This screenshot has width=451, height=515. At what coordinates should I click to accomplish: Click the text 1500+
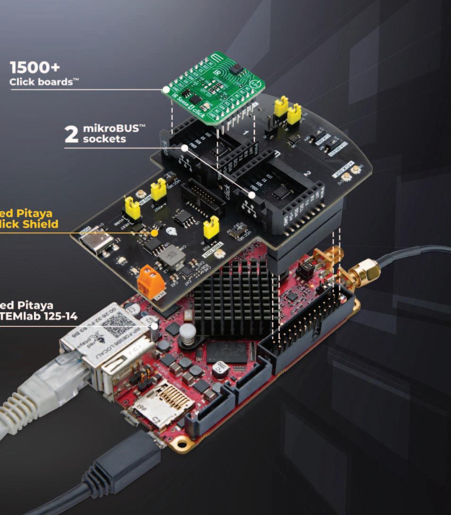tap(35, 68)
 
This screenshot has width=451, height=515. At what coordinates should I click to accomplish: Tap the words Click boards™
tap(44, 82)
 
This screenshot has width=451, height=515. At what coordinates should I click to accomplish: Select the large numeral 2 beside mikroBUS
tap(71, 133)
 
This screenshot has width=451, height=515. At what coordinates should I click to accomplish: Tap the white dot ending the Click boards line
tap(166, 89)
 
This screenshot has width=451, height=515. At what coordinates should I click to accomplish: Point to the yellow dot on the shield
tap(154, 233)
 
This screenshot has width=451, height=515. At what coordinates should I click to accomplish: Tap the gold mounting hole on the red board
tap(180, 444)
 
